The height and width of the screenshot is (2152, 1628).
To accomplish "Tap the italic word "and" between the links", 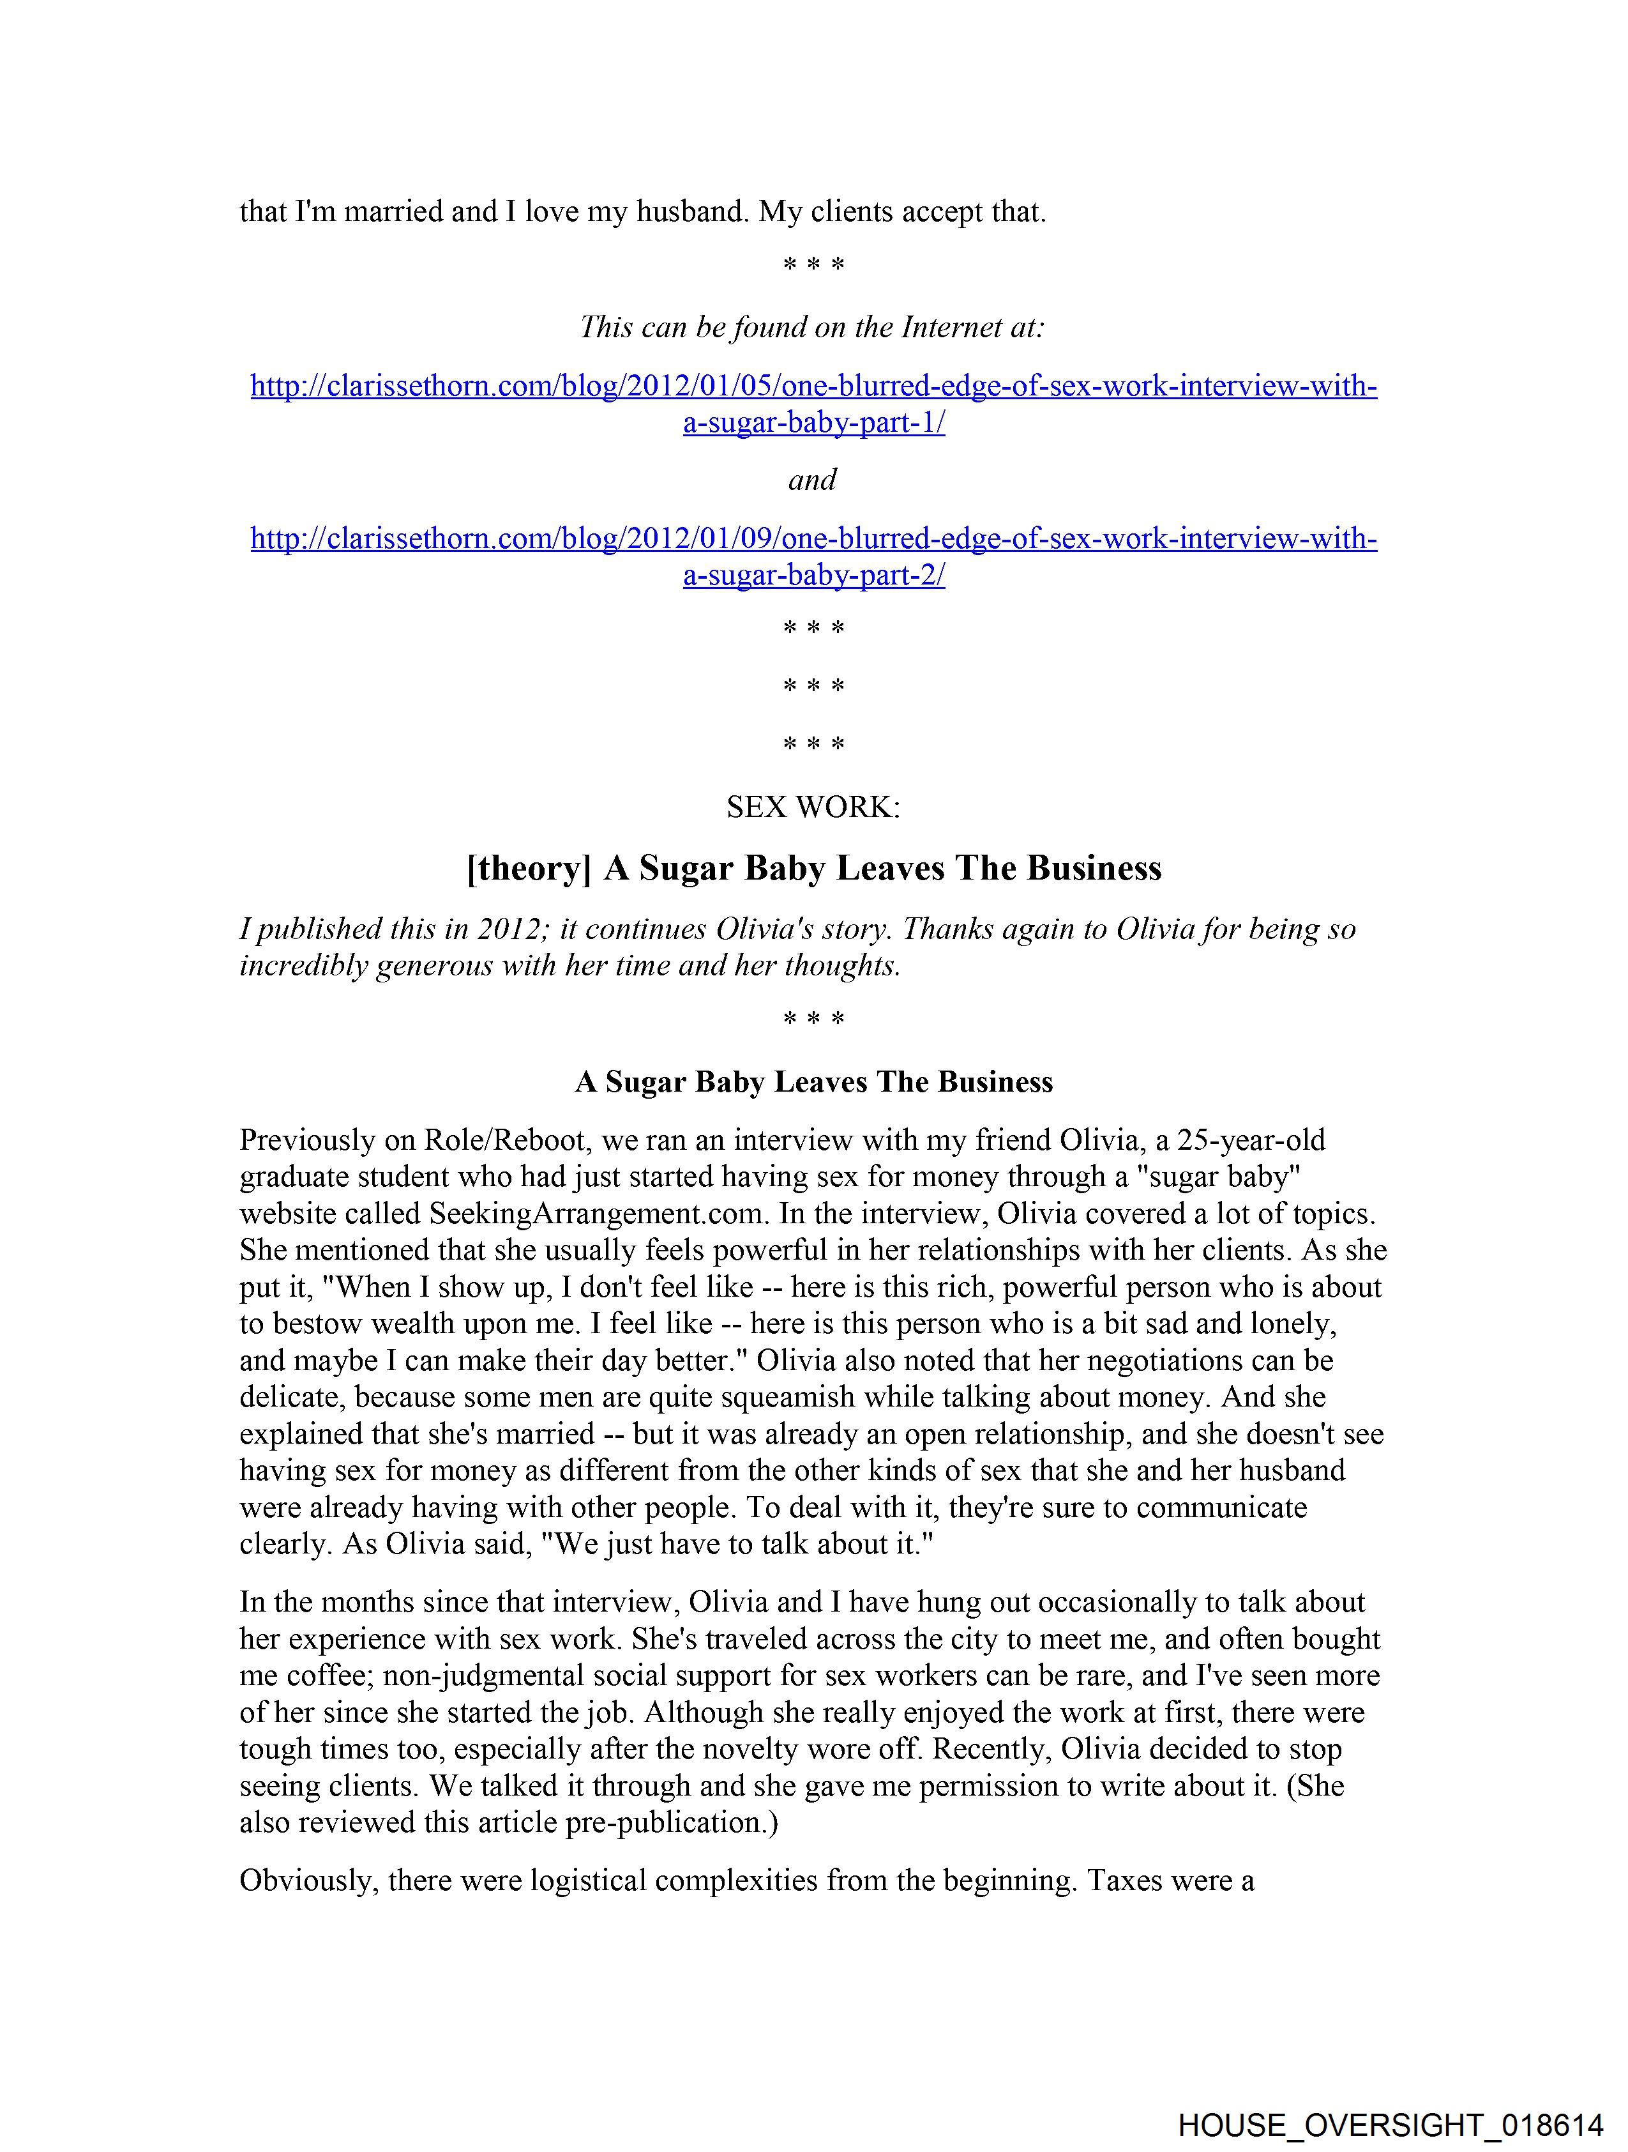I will pyautogui.click(x=812, y=480).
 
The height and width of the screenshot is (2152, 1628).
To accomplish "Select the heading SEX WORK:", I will pyautogui.click(x=813, y=807).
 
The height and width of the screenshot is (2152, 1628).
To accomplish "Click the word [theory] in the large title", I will pyautogui.click(x=529, y=868).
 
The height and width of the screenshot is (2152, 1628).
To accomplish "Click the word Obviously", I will pyautogui.click(x=306, y=1880).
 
